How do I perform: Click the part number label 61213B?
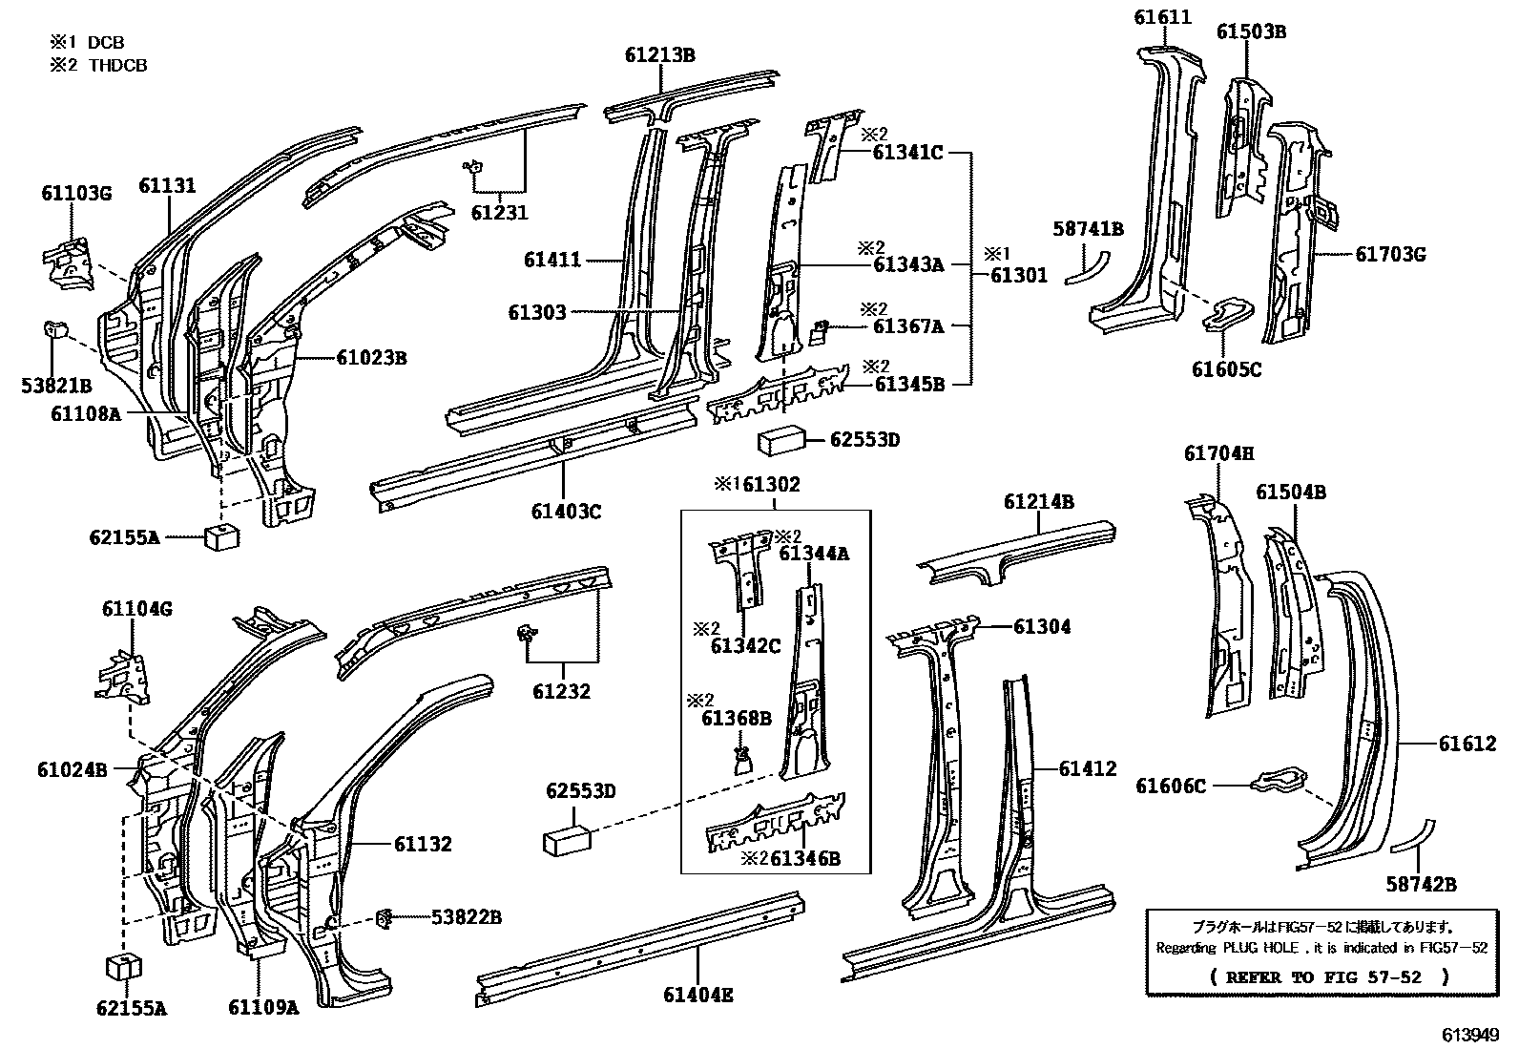point(659,54)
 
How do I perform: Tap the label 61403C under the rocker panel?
point(567,512)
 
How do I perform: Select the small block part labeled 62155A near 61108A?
point(221,535)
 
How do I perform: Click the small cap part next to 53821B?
point(55,329)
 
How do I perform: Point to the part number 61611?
point(1162,16)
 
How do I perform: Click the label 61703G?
point(1390,254)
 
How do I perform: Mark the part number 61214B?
point(1038,502)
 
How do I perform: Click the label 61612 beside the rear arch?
point(1467,743)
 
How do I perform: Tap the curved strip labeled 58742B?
point(1411,835)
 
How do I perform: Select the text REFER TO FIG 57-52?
point(1328,977)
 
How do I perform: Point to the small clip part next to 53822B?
point(386,918)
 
